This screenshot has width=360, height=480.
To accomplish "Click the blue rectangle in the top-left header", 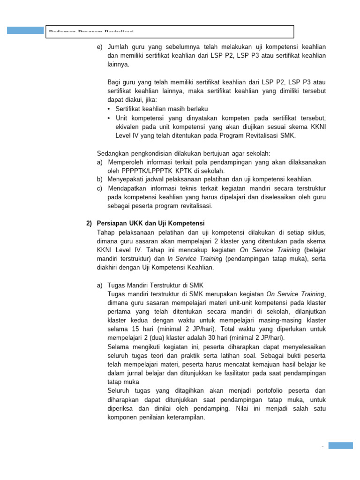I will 25,30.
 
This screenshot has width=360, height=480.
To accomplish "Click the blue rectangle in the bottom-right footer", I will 340,446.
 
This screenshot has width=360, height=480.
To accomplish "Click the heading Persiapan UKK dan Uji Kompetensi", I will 150,223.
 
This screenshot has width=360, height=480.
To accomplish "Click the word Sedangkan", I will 112,153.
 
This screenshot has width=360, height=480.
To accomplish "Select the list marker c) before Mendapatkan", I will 99,188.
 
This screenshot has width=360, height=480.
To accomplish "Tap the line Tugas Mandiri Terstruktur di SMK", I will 156,285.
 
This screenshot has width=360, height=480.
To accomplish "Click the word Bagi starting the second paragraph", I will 114,82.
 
